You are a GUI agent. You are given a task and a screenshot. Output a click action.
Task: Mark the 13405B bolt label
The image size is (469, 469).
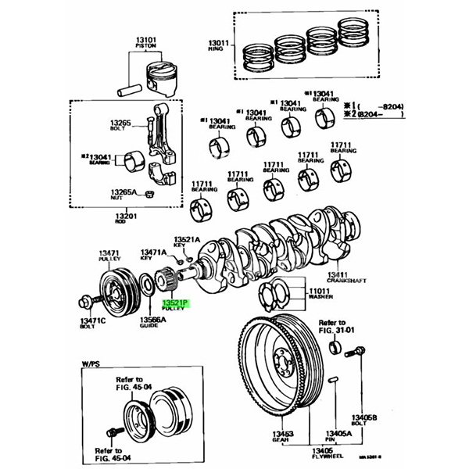click(x=363, y=421)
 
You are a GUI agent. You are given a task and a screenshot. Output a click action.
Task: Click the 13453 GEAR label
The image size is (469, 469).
click(x=283, y=436)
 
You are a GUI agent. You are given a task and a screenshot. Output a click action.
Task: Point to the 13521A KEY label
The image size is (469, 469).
click(x=187, y=242)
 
